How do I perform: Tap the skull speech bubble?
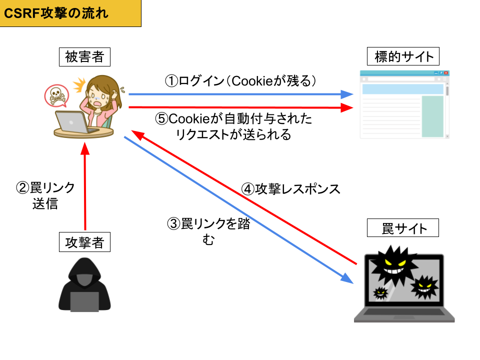[56, 95]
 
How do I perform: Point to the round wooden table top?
[84, 133]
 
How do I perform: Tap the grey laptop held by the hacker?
[84, 301]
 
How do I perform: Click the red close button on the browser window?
[445, 73]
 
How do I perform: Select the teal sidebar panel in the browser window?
[432, 116]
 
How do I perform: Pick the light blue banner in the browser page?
[402, 89]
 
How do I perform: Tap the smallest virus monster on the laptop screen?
[380, 292]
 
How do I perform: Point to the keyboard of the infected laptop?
[404, 312]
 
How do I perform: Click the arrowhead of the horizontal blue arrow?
[348, 94]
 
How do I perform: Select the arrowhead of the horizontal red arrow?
[348, 107]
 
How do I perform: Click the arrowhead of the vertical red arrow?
[85, 148]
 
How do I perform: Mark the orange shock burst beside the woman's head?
[79, 85]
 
